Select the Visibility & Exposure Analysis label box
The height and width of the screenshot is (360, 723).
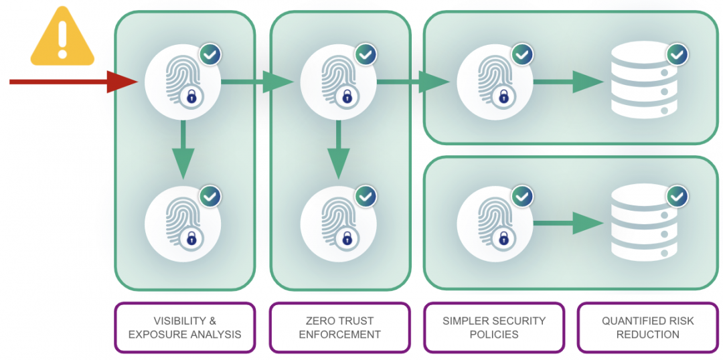(x=185, y=328)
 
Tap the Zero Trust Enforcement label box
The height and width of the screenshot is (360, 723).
(x=339, y=328)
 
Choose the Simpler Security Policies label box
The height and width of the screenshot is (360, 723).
(x=494, y=328)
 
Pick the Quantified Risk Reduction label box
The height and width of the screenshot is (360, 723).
(x=647, y=328)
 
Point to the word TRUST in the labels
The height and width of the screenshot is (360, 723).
(x=356, y=321)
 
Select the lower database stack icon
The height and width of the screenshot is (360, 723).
(x=641, y=223)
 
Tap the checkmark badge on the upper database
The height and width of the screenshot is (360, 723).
(x=677, y=54)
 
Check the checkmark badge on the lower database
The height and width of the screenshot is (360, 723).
(x=677, y=196)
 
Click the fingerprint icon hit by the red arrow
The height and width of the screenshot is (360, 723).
(x=183, y=82)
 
